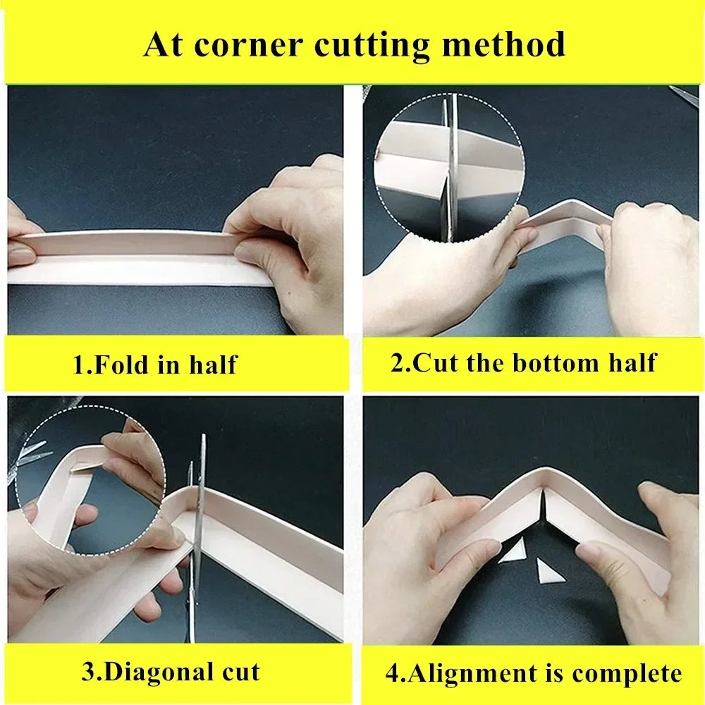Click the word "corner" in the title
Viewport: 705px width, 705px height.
click(248, 45)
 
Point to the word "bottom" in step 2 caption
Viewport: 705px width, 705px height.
click(556, 363)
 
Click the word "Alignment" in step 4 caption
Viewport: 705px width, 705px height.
click(472, 675)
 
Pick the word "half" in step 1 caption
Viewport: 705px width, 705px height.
click(212, 364)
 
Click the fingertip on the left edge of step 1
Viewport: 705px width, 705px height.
click(20, 255)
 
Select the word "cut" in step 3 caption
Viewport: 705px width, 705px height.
click(241, 673)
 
